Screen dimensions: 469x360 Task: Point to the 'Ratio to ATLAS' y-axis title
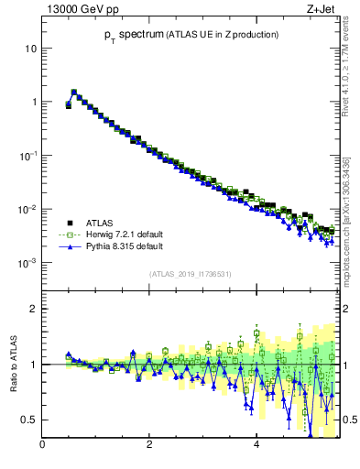click(14, 365)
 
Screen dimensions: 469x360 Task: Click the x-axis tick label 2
click(149, 446)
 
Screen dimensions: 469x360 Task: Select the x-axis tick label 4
click(256, 446)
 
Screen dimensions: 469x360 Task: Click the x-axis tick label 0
click(42, 446)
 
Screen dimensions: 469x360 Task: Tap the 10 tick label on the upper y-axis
click(29, 48)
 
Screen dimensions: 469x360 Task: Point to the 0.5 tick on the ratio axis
click(28, 420)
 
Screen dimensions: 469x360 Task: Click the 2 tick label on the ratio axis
click(34, 309)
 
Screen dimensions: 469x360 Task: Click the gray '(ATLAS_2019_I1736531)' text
click(191, 274)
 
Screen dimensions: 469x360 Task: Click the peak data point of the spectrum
click(74, 92)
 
